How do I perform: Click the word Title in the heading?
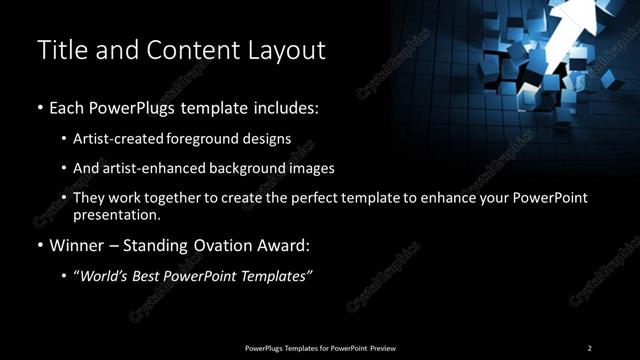[x=59, y=51]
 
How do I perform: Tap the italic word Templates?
[x=279, y=276]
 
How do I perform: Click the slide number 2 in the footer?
[x=589, y=348]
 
